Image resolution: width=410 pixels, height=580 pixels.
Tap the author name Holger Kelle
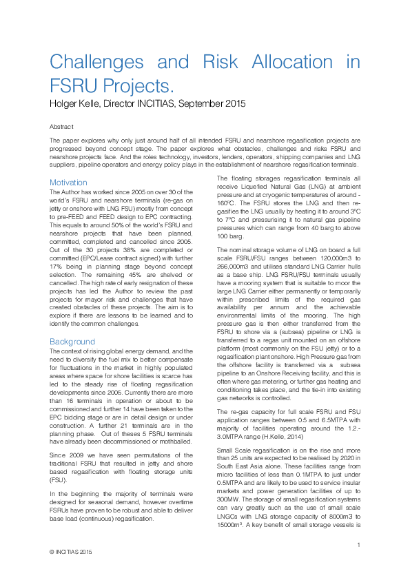tap(79, 105)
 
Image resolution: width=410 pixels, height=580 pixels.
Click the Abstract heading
tap(61, 127)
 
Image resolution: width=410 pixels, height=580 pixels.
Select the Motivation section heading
tap(68, 183)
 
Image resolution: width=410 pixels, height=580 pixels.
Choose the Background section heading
tap(72, 342)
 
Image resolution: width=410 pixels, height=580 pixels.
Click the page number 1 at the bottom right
tap(359, 546)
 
